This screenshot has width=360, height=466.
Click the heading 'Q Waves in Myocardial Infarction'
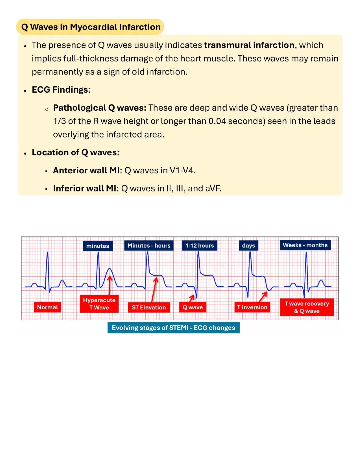91,27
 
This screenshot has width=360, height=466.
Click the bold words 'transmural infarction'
249,45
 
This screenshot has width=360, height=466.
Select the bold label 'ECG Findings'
60,90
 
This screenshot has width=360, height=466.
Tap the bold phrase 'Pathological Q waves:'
100,108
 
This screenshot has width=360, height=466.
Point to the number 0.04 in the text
217,121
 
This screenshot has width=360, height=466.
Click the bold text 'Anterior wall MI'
86,170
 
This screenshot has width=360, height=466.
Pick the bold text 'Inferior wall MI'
85,188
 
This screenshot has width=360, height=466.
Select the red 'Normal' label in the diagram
47,307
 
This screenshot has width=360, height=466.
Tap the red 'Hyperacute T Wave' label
99,304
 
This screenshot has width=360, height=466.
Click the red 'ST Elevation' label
149,307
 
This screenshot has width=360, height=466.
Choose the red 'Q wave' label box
193,307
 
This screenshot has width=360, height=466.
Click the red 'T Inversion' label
252,307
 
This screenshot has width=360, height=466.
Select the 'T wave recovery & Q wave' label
307,307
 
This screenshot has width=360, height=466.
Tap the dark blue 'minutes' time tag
98,246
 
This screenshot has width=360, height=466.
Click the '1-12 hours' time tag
200,246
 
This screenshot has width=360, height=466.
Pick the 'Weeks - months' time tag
305,245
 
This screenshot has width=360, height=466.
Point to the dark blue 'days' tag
249,246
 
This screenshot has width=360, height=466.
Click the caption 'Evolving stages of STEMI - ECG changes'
173,328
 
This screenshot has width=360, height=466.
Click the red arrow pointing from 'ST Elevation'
154,290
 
